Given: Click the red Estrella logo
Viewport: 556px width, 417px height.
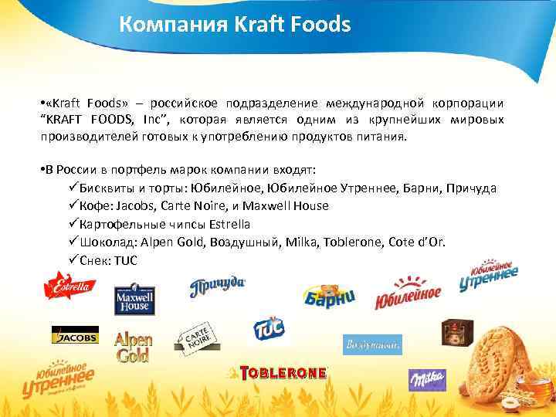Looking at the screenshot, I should click(x=69, y=288).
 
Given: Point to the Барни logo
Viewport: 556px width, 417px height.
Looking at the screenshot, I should click(x=331, y=294).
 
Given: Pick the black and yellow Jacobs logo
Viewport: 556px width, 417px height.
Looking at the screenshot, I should click(x=74, y=337).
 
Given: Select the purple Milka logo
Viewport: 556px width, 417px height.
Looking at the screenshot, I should click(x=427, y=379).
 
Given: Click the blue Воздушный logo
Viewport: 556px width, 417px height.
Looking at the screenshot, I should click(x=372, y=344).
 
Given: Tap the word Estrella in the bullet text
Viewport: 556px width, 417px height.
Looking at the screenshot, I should click(x=225, y=224).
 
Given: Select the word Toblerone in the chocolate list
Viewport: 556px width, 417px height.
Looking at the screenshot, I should click(x=360, y=242).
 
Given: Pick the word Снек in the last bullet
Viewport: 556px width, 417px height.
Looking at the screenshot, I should click(x=94, y=260).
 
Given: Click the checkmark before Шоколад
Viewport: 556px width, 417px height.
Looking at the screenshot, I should click(x=73, y=242).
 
